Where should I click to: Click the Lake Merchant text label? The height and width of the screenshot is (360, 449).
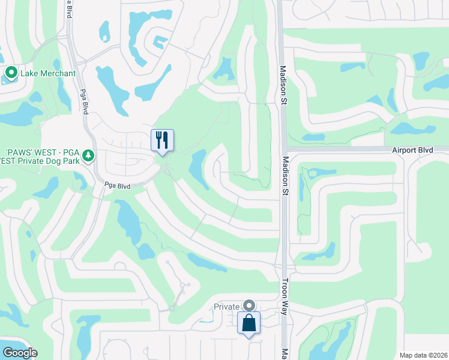[x=48, y=74]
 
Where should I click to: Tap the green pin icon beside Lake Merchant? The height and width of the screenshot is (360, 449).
[x=11, y=73]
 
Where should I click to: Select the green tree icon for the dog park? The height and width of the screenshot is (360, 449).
[x=88, y=156]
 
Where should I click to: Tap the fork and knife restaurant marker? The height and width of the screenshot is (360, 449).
[x=162, y=140]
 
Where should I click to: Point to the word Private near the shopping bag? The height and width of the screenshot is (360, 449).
[x=227, y=307]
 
